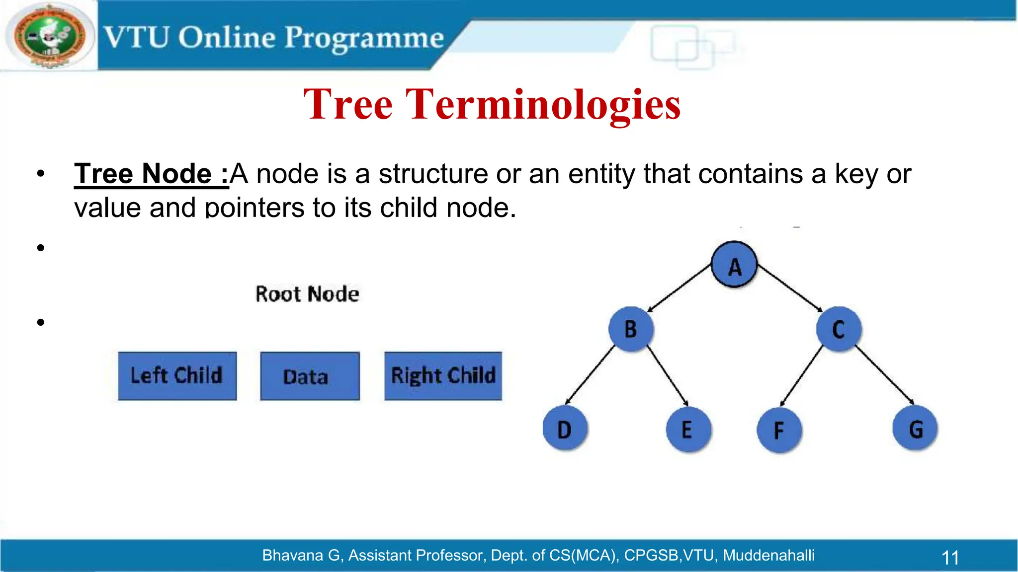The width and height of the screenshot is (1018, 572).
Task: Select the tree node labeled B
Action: click(x=631, y=329)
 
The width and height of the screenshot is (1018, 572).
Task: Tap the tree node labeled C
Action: click(x=839, y=329)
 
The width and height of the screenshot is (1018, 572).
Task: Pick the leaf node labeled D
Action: click(x=565, y=429)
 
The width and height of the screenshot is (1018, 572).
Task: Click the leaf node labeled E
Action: click(x=687, y=429)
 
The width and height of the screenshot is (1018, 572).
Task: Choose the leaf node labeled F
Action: click(x=779, y=430)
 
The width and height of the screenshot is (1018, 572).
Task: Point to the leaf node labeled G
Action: click(x=915, y=429)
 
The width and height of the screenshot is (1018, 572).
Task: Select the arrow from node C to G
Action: click(x=885, y=376)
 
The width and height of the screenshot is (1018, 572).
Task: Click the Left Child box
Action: click(x=177, y=376)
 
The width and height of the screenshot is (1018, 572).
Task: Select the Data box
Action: click(x=310, y=376)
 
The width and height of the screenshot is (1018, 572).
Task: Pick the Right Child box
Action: click(x=443, y=376)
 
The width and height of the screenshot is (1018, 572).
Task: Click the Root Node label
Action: click(x=307, y=294)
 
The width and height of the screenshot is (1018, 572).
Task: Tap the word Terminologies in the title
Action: click(x=543, y=105)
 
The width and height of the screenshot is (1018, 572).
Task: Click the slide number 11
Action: click(x=950, y=557)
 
